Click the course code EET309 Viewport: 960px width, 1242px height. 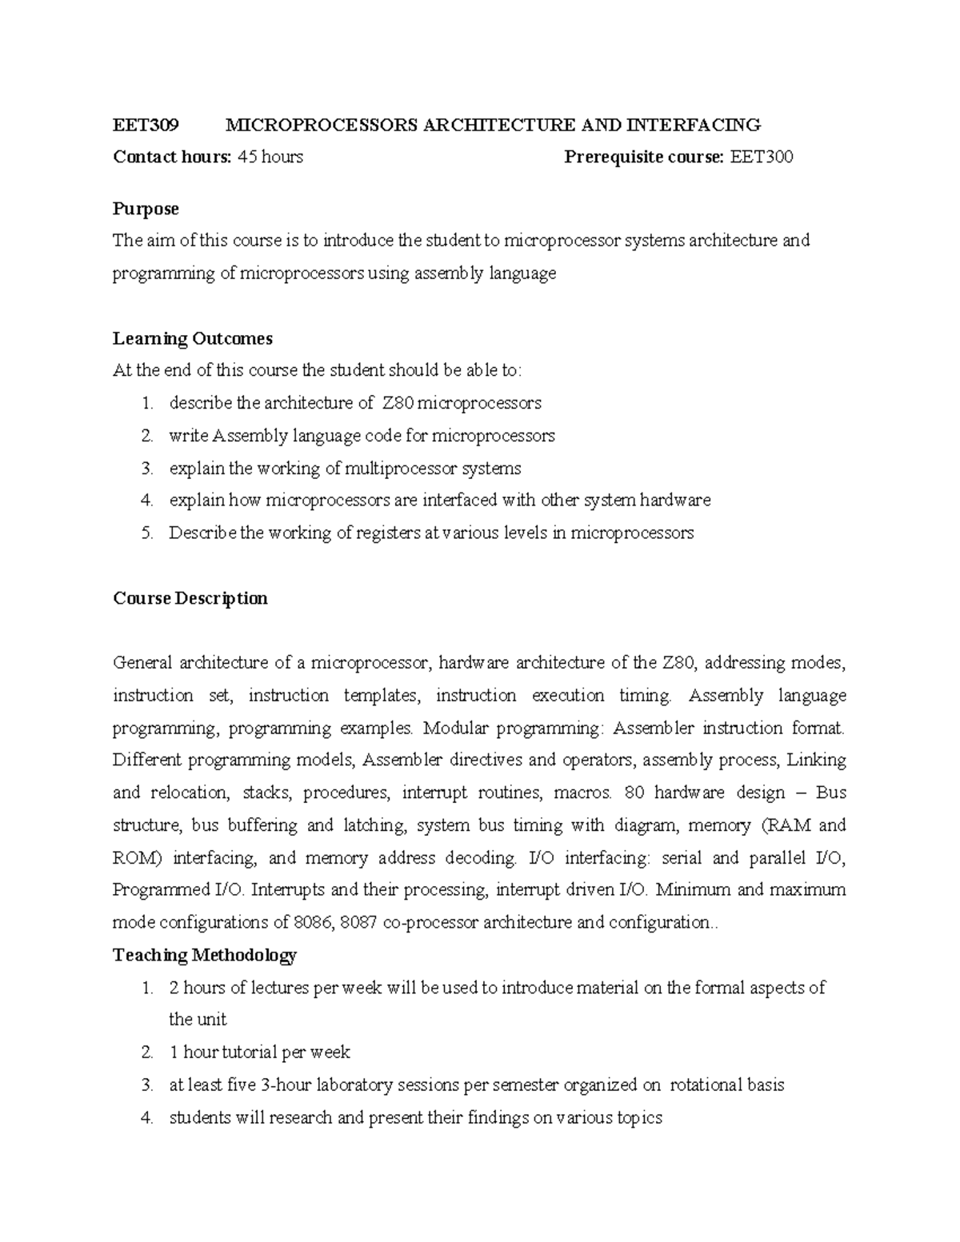pos(146,125)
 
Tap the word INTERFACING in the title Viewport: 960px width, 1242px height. pos(694,125)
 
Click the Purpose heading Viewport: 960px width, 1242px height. pos(146,209)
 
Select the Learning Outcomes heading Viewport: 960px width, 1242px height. pos(193,338)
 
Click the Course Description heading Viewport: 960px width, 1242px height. pos(190,598)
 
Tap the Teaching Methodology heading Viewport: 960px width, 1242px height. pos(205,955)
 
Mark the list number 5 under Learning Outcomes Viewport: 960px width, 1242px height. pos(146,533)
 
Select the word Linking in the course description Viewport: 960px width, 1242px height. pos(817,760)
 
